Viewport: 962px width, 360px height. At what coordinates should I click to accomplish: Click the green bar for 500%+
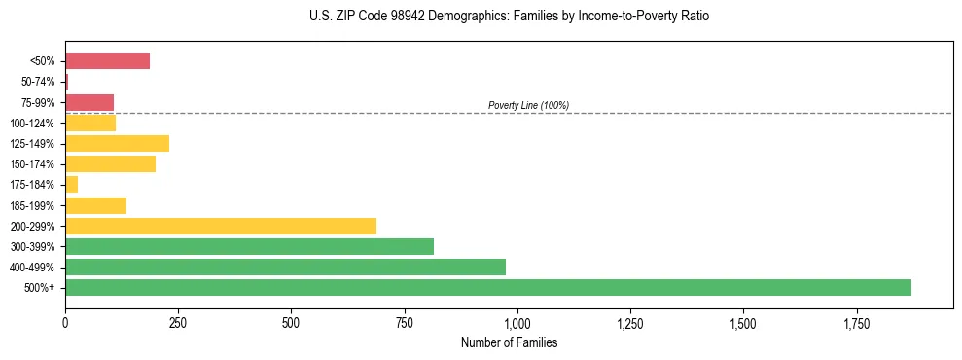pyautogui.click(x=487, y=287)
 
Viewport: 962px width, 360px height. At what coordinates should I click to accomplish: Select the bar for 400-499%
pyautogui.click(x=285, y=267)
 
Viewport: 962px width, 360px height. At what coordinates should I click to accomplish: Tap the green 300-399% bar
pyautogui.click(x=249, y=246)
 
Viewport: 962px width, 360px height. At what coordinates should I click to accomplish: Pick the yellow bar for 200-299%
pyautogui.click(x=220, y=226)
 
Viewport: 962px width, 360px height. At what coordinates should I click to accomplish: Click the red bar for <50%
pyautogui.click(x=107, y=61)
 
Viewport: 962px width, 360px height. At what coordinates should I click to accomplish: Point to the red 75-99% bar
pyautogui.click(x=89, y=102)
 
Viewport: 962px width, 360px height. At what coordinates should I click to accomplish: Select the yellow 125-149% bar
pyautogui.click(x=117, y=143)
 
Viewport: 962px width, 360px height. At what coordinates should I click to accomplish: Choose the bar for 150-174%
pyautogui.click(x=110, y=163)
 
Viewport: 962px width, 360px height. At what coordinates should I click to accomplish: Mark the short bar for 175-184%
pyautogui.click(x=71, y=184)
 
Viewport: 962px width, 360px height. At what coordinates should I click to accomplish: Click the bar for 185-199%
pyautogui.click(x=95, y=205)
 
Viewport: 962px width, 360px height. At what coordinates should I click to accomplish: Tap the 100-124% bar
pyautogui.click(x=90, y=123)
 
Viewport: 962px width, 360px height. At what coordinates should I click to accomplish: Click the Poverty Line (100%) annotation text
pyautogui.click(x=528, y=105)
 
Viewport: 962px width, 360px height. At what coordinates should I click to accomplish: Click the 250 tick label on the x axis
pyautogui.click(x=178, y=323)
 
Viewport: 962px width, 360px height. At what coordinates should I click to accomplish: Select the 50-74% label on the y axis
pyautogui.click(x=38, y=82)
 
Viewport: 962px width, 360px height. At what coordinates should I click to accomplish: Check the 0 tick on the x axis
pyautogui.click(x=65, y=323)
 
